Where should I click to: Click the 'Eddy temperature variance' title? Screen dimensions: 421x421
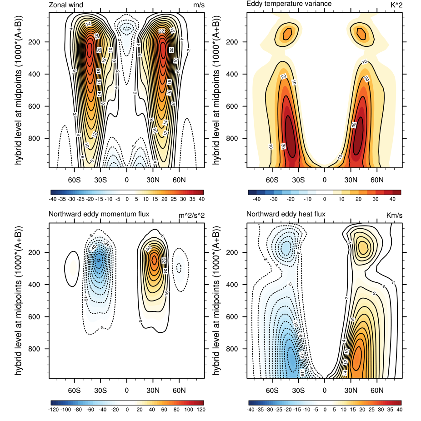point(282,4)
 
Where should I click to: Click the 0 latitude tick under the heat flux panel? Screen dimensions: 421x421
point(325,390)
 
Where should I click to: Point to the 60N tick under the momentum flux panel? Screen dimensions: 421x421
point(179,390)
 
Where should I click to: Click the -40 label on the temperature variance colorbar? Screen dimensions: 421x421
point(256,199)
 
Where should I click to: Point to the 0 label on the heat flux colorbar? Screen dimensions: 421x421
point(325,409)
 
